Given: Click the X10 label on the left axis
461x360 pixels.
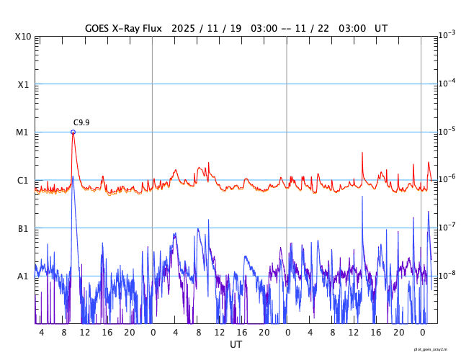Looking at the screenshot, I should click(24, 37).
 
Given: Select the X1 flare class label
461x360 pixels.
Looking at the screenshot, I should click(23, 84).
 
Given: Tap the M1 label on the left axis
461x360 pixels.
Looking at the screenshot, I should click(23, 132).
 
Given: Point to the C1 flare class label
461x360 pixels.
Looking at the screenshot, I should click(23, 181).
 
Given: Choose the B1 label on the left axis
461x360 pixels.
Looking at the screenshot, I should click(23, 228).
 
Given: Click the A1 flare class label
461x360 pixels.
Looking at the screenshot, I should click(23, 276).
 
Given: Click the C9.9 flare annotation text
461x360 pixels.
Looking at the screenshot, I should click(81, 123).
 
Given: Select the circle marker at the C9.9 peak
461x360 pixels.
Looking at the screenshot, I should click(73, 132).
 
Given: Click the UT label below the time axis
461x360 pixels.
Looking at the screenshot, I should click(236, 345).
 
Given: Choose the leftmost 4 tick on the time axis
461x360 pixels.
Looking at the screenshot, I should click(42, 333).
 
